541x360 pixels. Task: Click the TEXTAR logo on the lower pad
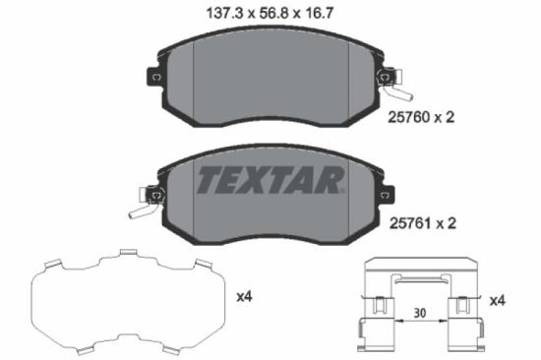271,181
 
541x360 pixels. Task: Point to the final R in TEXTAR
331,181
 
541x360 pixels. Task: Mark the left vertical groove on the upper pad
193,79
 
